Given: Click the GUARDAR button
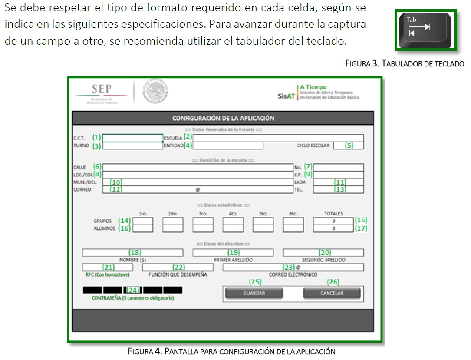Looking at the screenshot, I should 254,294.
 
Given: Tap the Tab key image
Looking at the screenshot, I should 425,30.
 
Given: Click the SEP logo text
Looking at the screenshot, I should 102,89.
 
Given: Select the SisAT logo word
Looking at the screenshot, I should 287,96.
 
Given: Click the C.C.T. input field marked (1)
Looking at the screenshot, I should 132,138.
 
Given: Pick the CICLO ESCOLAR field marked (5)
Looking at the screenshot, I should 348,145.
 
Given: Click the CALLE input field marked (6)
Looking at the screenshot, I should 198,167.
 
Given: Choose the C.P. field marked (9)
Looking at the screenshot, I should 338,175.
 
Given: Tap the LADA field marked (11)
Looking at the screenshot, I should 338,182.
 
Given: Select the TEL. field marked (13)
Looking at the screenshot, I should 338,190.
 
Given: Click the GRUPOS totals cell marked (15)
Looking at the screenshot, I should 333,221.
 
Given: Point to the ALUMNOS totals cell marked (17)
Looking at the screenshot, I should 333,228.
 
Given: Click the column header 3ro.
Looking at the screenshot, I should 203,214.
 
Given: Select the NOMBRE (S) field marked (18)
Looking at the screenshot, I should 135,253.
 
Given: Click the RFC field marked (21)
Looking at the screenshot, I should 101,268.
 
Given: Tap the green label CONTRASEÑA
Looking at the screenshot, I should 133,298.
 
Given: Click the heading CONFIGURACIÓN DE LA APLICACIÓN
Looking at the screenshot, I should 223,118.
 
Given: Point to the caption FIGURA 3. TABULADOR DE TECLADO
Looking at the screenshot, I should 405,64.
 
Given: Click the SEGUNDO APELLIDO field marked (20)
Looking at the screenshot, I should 323,253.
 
